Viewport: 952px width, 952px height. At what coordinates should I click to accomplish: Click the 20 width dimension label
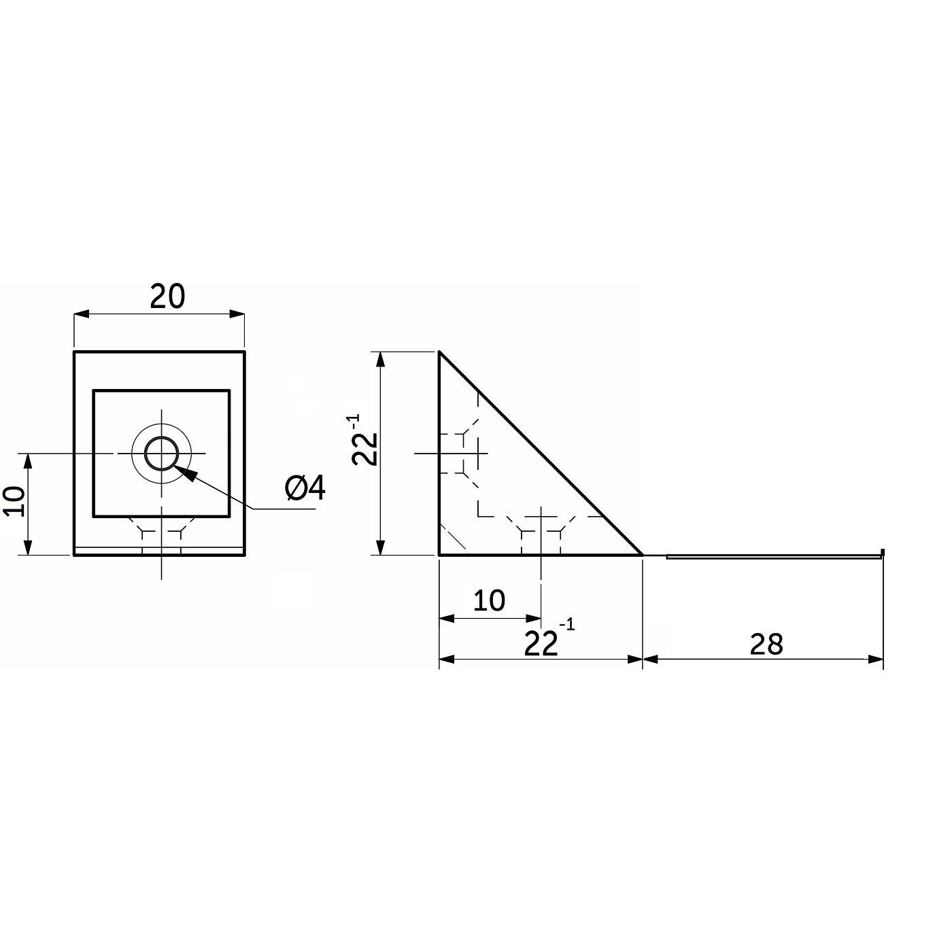pos(167,296)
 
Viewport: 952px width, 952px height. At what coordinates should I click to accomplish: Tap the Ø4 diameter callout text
pos(305,488)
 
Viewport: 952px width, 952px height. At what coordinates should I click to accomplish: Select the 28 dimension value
pos(766,644)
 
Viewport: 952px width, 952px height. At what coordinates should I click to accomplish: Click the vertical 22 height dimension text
pos(364,449)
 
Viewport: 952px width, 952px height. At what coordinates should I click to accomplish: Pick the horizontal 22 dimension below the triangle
pos(541,644)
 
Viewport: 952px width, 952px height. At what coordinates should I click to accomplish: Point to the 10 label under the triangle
pos(489,600)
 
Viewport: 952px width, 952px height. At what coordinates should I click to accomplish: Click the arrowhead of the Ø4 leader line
pos(188,473)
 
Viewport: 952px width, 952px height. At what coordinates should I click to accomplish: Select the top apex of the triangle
pos(440,352)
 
